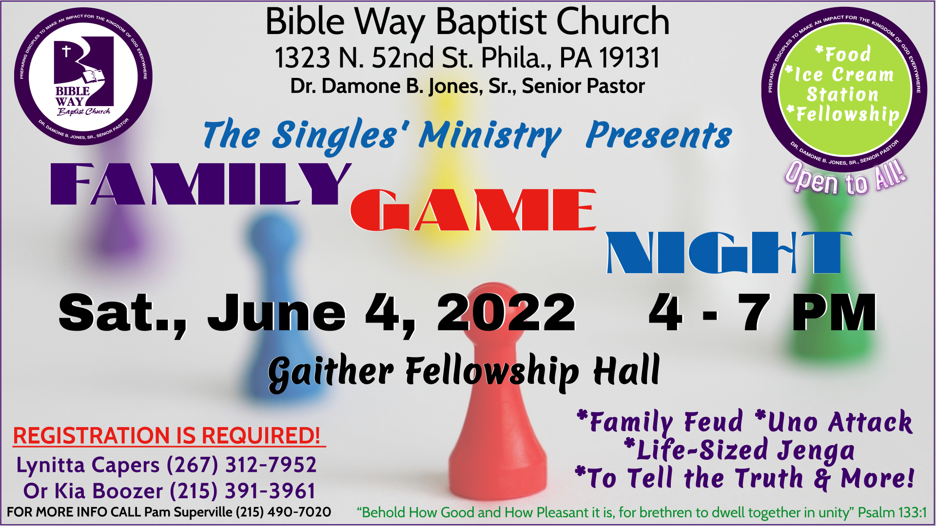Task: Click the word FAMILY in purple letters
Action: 200,184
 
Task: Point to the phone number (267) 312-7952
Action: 241,465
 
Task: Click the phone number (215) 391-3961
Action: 242,491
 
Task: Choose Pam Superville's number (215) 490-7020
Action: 283,512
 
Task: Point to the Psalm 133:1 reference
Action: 892,512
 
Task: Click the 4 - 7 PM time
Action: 762,313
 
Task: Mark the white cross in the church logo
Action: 66,50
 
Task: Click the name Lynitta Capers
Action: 88,465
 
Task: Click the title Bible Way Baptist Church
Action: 467,22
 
